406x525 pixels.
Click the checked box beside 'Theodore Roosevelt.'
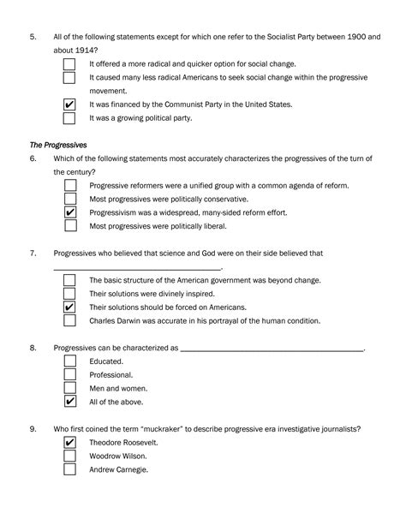tap(71, 442)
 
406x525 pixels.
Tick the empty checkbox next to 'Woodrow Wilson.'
tap(71, 456)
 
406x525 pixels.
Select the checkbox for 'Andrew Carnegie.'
tap(71, 469)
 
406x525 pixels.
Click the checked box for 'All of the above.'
tap(71, 402)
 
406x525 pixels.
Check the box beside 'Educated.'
tap(71, 361)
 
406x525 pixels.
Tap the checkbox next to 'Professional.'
tap(71, 374)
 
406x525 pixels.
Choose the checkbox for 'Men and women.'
tap(71, 388)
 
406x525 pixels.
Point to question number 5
tap(33, 37)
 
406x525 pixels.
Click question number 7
tap(33, 254)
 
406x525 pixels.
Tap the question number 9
tap(33, 428)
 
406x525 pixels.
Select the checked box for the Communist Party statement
tap(71, 104)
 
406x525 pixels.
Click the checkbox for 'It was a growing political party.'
tap(71, 118)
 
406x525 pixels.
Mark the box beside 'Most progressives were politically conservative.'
tap(71, 199)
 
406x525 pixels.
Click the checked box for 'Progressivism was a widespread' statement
tap(71, 212)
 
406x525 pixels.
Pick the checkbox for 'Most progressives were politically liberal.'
tap(71, 226)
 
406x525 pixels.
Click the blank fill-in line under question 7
tap(137, 269)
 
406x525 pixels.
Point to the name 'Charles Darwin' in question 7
tap(116, 321)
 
